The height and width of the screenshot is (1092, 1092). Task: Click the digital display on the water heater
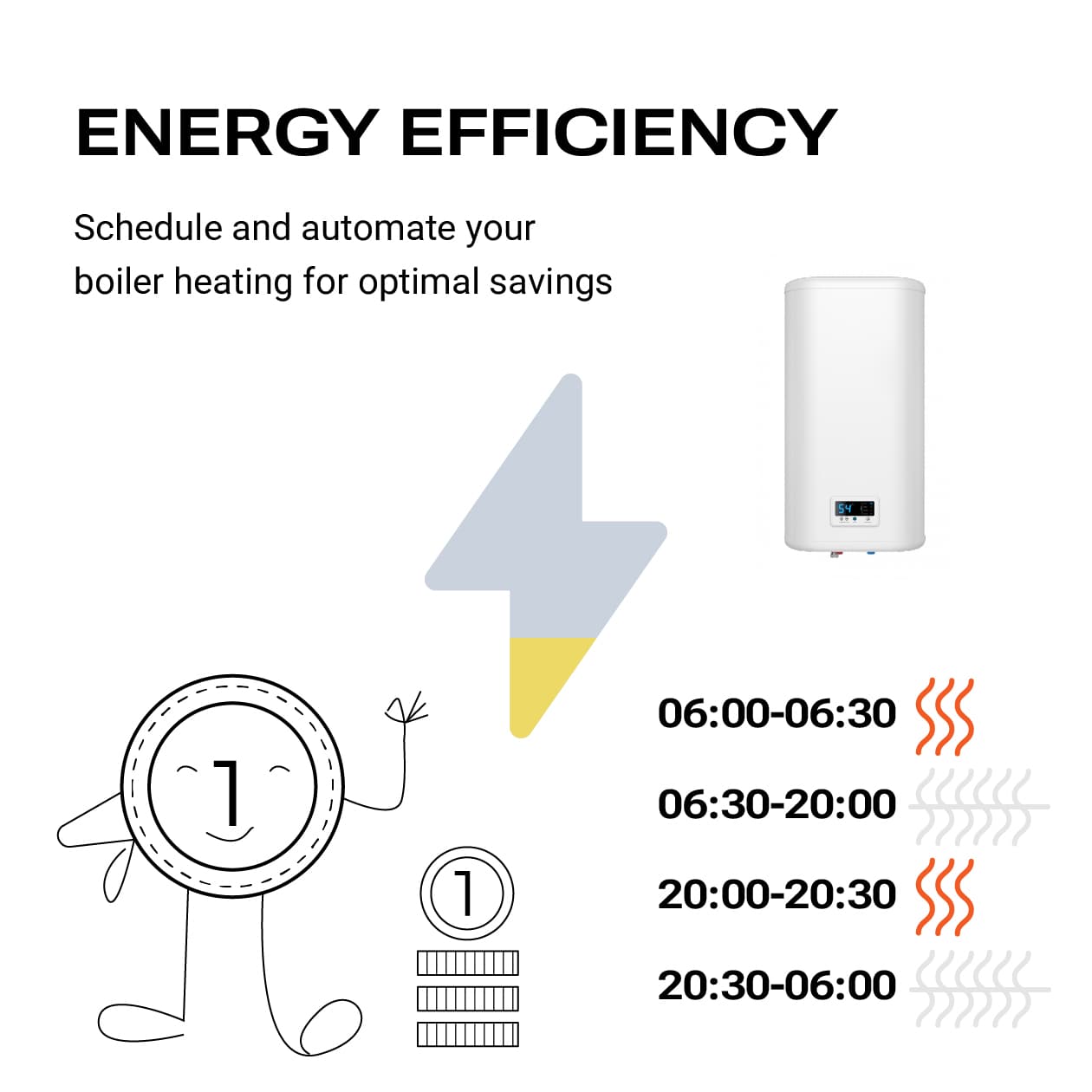pyautogui.click(x=854, y=509)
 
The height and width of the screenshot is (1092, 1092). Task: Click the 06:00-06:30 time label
pyautogui.click(x=777, y=713)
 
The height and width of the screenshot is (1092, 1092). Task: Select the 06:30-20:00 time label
pyautogui.click(x=777, y=804)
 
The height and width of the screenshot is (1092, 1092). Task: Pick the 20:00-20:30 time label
pyautogui.click(x=777, y=894)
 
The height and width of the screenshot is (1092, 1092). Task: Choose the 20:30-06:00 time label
pyautogui.click(x=777, y=985)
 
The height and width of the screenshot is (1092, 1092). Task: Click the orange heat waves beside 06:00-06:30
pyautogui.click(x=945, y=716)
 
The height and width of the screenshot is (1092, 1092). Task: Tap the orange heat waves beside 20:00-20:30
pyautogui.click(x=945, y=897)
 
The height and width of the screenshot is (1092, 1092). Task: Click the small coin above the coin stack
pyautogui.click(x=467, y=893)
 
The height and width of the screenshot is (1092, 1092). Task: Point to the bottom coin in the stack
pyautogui.click(x=467, y=1034)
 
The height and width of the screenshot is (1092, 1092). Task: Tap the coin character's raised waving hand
pyautogui.click(x=406, y=711)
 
